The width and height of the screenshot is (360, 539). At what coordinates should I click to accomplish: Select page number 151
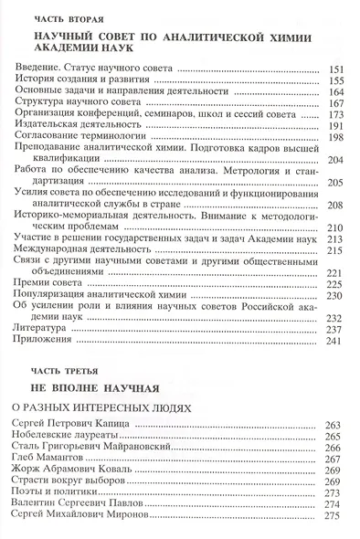(x=334, y=69)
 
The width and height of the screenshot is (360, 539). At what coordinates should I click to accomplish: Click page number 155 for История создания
(x=334, y=80)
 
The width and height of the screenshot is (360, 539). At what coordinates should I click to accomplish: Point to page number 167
(x=334, y=103)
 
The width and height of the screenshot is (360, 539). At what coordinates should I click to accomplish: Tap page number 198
(x=334, y=139)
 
